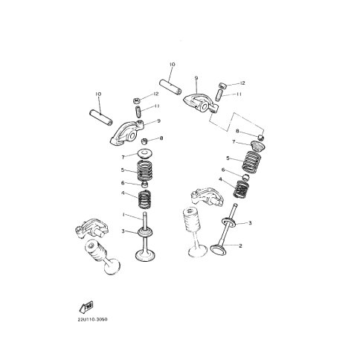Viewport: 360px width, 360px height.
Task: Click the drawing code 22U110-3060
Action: click(92, 319)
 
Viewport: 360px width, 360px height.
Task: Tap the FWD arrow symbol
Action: click(86, 306)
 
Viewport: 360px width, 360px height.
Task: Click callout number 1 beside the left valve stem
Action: click(123, 215)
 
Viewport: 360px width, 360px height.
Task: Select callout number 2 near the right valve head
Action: click(240, 245)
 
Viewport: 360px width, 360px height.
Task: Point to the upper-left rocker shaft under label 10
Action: click(101, 117)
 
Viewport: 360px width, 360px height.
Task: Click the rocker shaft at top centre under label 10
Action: click(170, 86)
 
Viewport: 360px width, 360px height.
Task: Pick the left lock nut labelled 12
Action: click(136, 100)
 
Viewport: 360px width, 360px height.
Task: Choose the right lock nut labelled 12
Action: click(222, 86)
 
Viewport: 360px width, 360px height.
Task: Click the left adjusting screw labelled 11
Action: click(138, 112)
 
